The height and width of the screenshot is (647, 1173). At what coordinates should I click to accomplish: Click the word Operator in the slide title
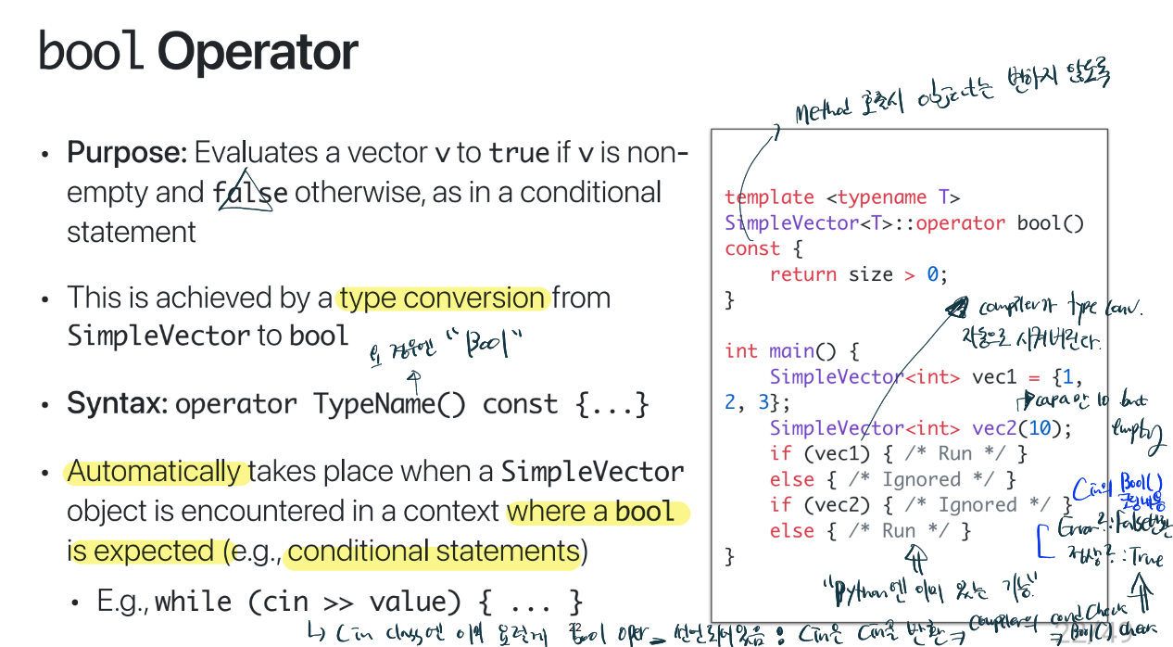pos(258,53)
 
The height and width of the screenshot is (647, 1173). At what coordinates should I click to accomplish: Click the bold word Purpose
pos(127,152)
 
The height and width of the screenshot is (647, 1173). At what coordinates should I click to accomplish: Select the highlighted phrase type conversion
pos(443,298)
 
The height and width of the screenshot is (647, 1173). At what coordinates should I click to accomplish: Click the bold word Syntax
pos(116,405)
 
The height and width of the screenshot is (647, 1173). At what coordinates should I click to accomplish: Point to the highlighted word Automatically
pos(154,472)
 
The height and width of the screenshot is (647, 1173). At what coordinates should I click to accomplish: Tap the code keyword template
pos(769,197)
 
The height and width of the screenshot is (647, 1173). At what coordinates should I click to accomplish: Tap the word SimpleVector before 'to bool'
pos(158,336)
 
